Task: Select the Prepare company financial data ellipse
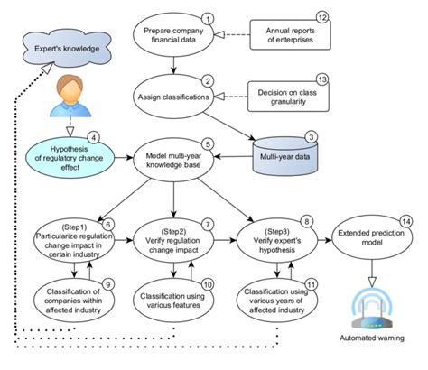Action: coord(177,35)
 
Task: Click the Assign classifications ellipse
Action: coord(177,96)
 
